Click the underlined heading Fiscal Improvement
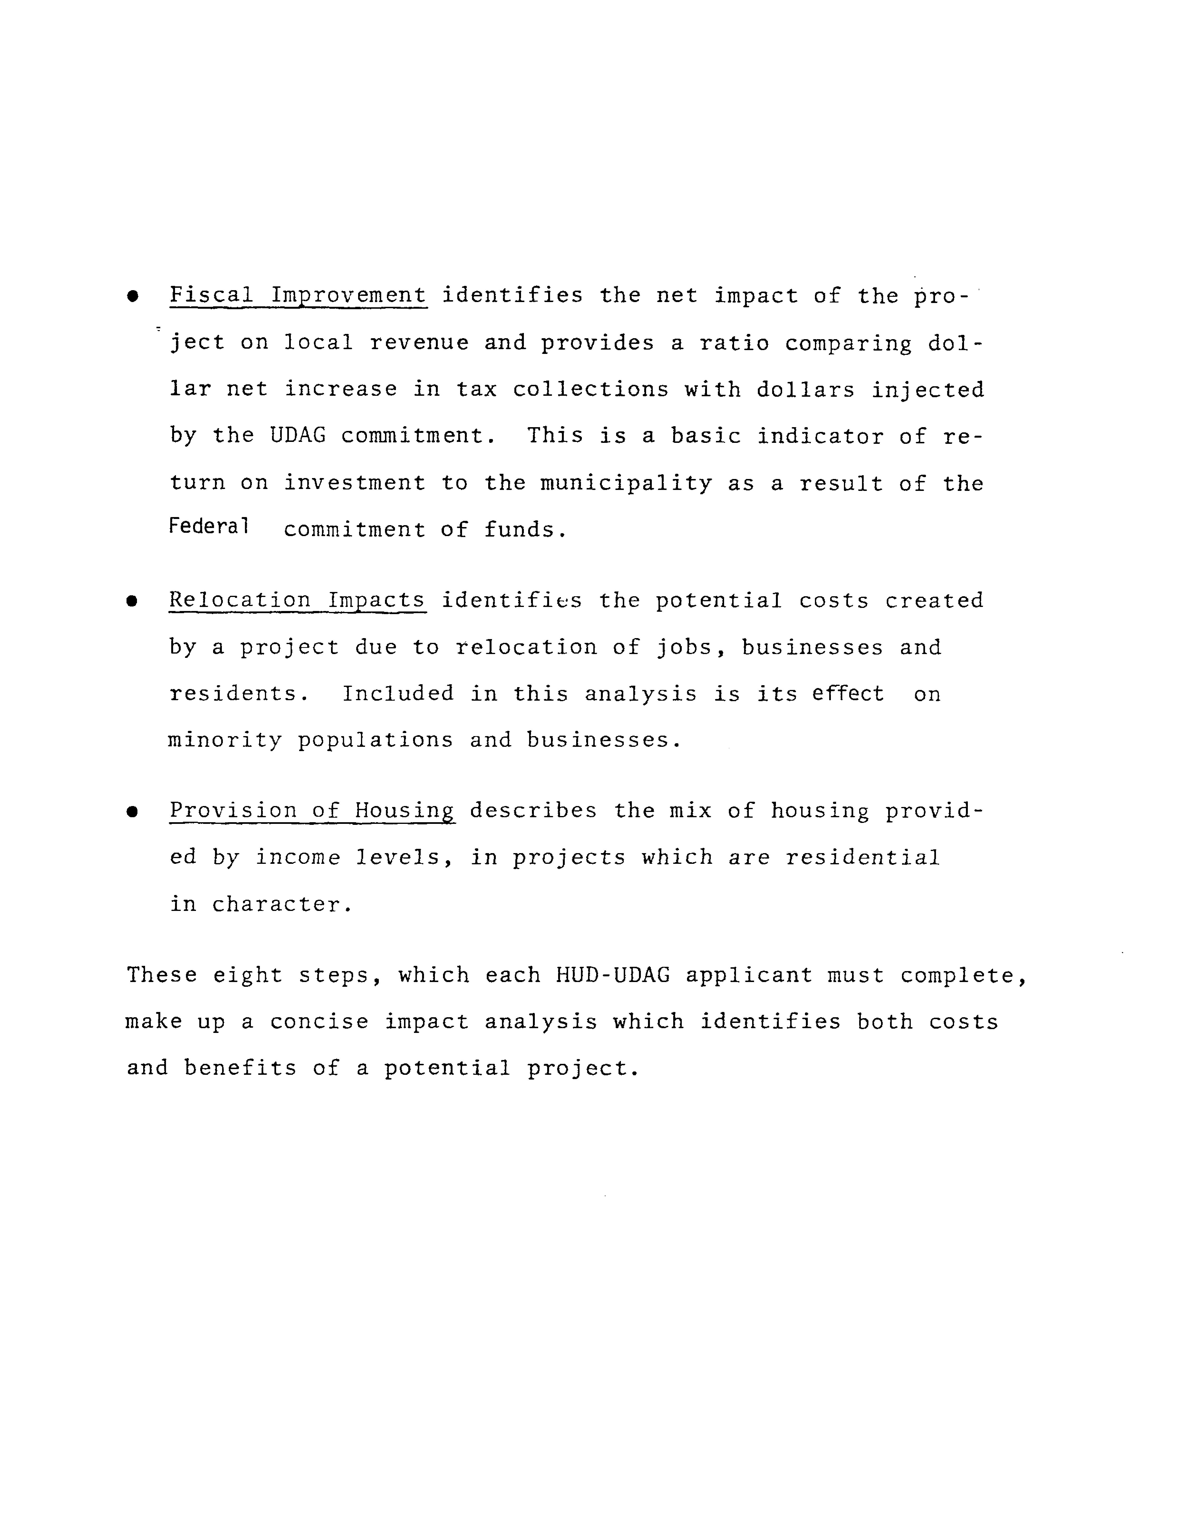298,295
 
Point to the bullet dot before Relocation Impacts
132,602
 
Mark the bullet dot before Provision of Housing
132,812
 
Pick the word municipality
626,483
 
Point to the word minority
225,740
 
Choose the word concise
319,1022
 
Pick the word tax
477,390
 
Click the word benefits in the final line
240,1068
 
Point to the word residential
862,857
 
